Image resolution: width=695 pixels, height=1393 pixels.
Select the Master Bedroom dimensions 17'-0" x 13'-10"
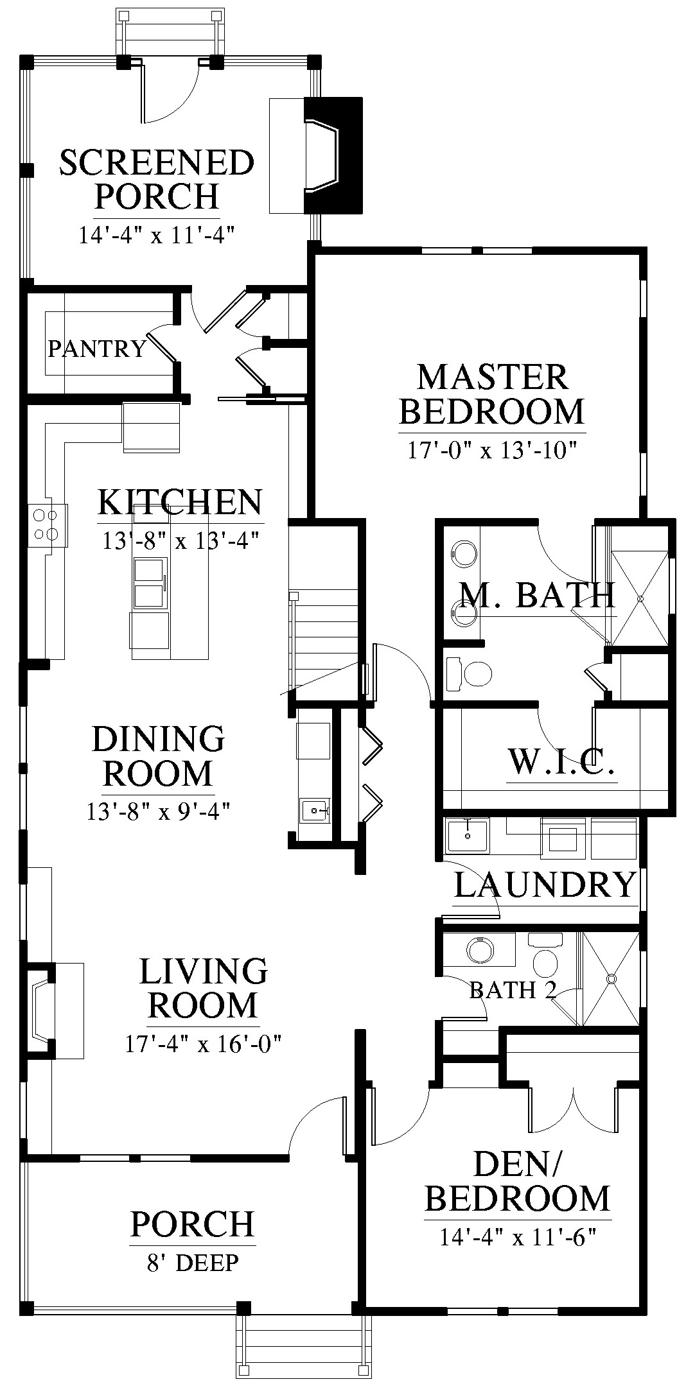[x=489, y=450]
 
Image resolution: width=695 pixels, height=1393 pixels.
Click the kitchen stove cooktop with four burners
[x=48, y=525]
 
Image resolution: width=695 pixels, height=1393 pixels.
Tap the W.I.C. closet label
[x=563, y=762]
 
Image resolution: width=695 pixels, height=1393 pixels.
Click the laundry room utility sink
[x=467, y=836]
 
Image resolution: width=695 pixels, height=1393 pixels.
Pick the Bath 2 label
[x=513, y=991]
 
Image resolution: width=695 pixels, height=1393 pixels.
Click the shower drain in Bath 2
[x=611, y=980]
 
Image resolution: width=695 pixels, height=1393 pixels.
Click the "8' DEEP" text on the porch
[x=193, y=1263]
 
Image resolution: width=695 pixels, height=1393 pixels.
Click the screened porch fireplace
[x=333, y=155]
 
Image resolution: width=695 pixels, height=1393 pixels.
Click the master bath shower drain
[x=640, y=598]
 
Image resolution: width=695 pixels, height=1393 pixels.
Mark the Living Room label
[x=204, y=988]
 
